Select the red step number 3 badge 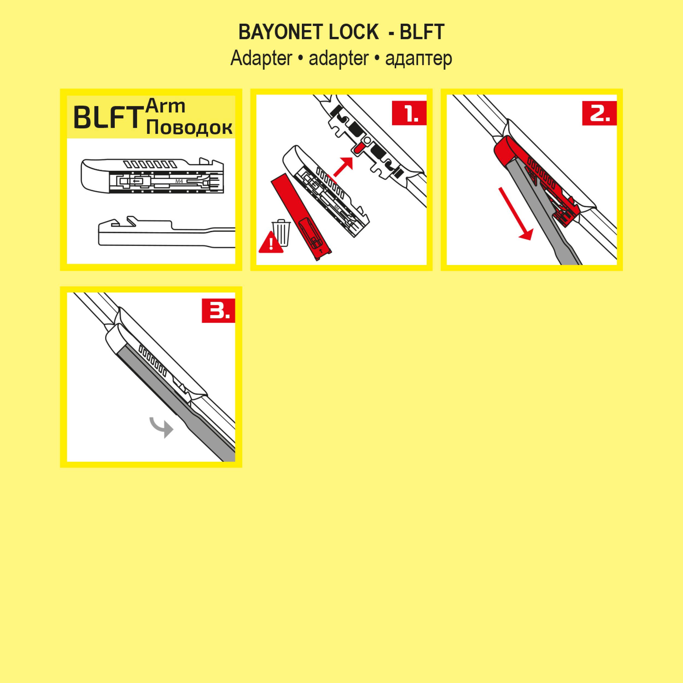click(218, 311)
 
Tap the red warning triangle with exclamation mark click(271, 243)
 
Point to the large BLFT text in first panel click(107, 118)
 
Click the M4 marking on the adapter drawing click(179, 181)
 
